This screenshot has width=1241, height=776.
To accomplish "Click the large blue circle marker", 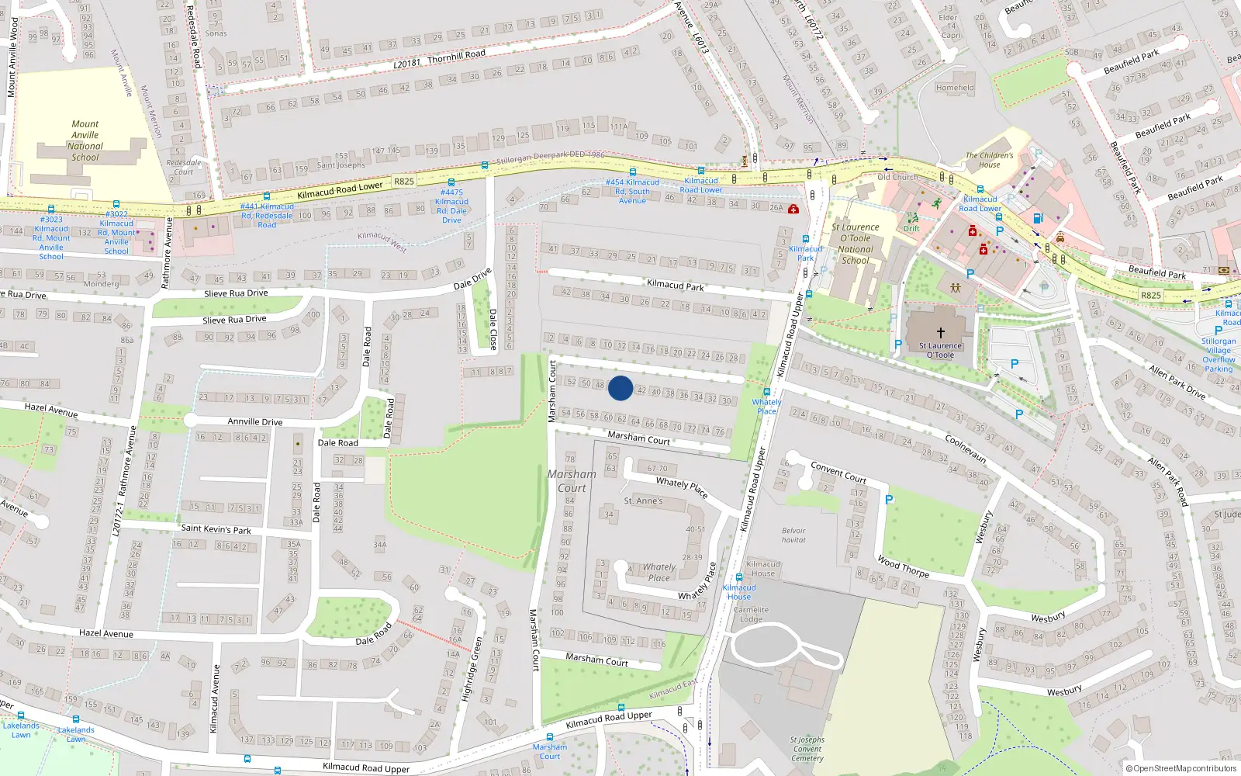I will click(620, 388).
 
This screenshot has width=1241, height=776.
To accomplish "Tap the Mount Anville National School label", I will click(85, 140).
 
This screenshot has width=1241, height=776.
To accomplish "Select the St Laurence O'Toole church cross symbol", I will click(940, 332).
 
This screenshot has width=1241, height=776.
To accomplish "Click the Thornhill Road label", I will click(456, 56).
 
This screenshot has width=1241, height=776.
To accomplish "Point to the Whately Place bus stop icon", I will click(766, 392).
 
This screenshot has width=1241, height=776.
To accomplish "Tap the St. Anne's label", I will click(643, 501).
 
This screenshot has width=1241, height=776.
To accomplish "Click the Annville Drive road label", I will click(254, 422).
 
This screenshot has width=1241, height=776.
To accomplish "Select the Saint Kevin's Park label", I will click(216, 529).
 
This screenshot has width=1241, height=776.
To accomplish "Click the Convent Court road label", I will click(838, 473).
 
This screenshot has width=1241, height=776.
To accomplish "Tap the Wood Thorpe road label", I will click(903, 567).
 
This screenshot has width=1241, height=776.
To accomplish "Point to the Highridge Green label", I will click(472, 669).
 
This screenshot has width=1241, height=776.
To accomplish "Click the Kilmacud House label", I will click(763, 569).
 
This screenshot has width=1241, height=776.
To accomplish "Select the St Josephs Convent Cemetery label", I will click(807, 749).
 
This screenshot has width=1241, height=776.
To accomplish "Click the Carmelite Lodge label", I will click(751, 615).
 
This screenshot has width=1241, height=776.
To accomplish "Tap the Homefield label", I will click(954, 88).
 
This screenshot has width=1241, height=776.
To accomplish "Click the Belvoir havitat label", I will click(793, 535).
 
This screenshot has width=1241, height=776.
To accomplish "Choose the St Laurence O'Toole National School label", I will click(855, 244).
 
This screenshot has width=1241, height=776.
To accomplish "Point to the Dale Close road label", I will click(493, 329).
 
